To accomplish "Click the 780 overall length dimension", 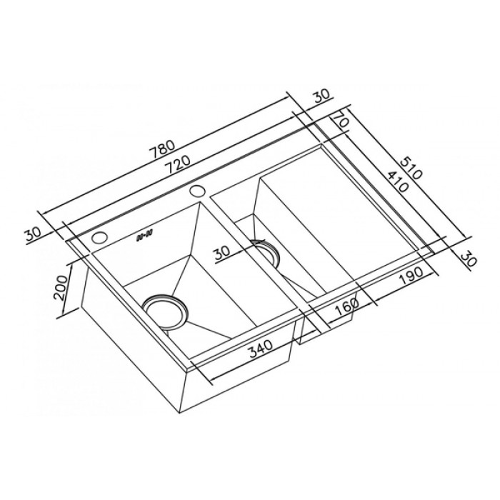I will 162,151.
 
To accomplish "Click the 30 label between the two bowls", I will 221,251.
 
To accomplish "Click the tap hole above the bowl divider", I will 198,191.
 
